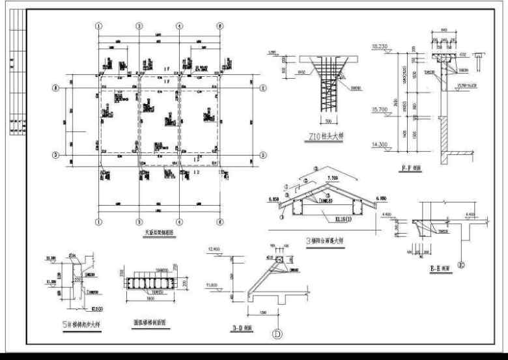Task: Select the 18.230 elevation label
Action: click(x=379, y=46)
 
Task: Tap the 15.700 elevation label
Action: click(x=380, y=109)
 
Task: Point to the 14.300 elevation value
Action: click(x=380, y=145)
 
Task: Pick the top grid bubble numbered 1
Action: click(x=99, y=26)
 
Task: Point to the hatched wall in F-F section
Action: click(x=445, y=137)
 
